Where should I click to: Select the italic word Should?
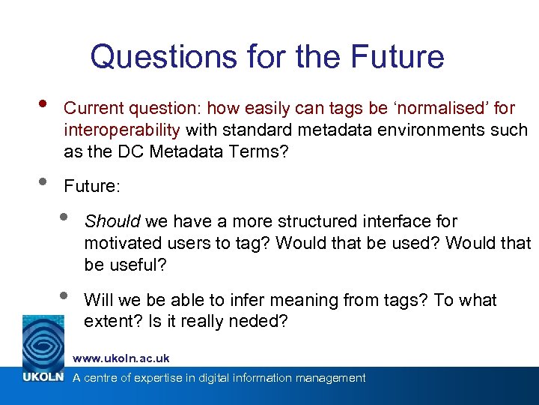112,222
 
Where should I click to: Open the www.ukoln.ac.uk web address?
121,358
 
